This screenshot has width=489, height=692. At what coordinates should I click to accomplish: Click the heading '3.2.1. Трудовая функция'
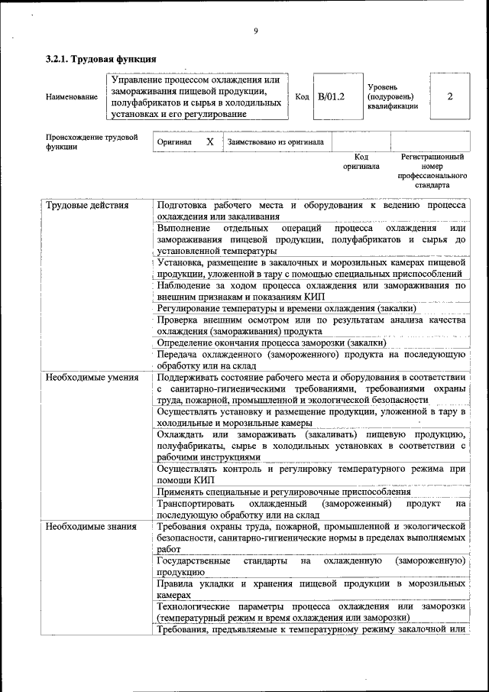pyautogui.click(x=101, y=59)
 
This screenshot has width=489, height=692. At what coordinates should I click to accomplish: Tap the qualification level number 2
pyautogui.click(x=450, y=97)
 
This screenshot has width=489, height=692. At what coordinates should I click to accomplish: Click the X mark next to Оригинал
pyautogui.click(x=209, y=141)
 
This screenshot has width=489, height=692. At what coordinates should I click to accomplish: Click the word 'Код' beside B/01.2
pyautogui.click(x=302, y=97)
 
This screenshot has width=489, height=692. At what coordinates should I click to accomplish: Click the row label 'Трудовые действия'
pyautogui.click(x=87, y=206)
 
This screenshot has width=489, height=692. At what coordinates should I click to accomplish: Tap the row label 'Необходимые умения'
pyautogui.click(x=92, y=377)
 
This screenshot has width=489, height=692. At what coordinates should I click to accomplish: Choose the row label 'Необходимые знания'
pyautogui.click(x=91, y=526)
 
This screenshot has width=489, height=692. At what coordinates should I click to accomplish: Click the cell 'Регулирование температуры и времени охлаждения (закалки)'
pyautogui.click(x=287, y=308)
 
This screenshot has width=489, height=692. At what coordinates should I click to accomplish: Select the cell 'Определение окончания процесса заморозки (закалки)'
pyautogui.click(x=277, y=343)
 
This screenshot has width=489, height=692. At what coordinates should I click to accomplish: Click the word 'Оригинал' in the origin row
pyautogui.click(x=174, y=142)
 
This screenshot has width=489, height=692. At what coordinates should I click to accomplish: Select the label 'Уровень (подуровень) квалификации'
pyautogui.click(x=393, y=97)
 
